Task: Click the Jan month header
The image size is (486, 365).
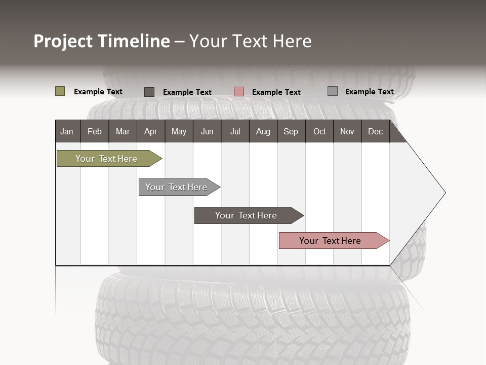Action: (67, 131)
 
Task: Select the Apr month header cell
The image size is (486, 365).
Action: (151, 131)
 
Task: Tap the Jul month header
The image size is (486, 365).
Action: (235, 131)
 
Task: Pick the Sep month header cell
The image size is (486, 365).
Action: (291, 131)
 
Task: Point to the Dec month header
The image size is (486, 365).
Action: (375, 131)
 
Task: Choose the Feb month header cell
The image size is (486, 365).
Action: (95, 131)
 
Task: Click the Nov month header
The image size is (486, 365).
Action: (347, 131)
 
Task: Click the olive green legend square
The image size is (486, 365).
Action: (60, 91)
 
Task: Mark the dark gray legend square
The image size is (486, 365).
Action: (149, 92)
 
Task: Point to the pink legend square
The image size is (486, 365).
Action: (239, 92)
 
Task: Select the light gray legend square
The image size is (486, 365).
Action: (333, 91)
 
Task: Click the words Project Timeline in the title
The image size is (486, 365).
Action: (102, 41)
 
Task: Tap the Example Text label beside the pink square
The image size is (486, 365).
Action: (276, 92)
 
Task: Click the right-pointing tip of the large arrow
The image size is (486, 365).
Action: (443, 193)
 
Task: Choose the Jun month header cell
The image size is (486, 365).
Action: (207, 131)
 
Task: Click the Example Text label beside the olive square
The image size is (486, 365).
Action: (98, 92)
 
